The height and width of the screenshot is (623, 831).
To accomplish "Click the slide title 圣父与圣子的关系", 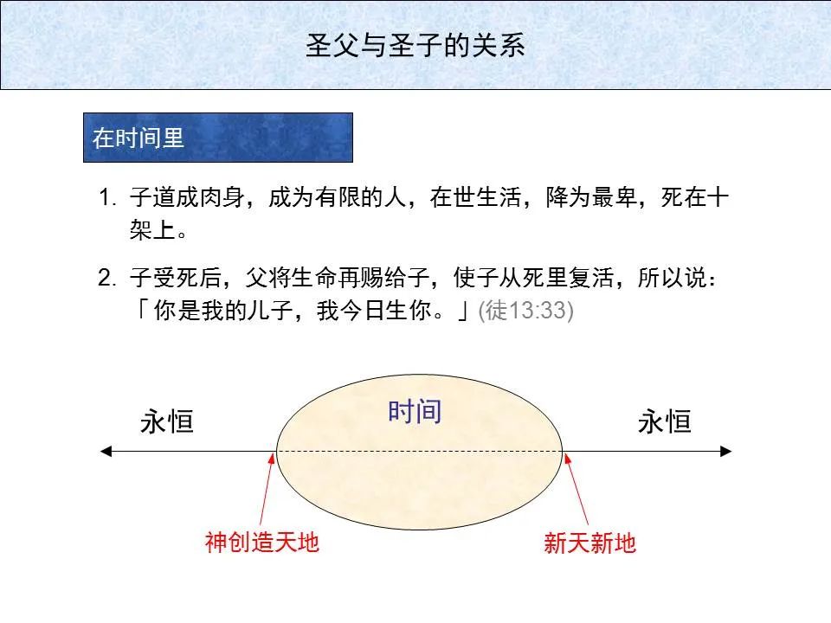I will (x=415, y=45).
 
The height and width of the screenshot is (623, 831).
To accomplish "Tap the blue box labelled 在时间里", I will (x=217, y=138).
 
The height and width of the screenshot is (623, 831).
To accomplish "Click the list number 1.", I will (x=106, y=198).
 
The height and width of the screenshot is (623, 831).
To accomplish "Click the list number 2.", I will (x=106, y=279).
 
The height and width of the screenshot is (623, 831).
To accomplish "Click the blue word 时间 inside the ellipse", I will (x=415, y=411).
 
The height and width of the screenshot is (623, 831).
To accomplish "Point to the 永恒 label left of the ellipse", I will (x=167, y=422).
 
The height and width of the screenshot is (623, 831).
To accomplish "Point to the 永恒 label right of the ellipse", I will (x=664, y=422).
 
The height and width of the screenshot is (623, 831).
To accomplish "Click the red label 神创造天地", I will (x=262, y=543).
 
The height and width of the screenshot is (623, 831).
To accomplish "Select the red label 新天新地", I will (x=589, y=543).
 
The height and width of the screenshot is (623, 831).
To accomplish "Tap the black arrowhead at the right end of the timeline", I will (x=726, y=451).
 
